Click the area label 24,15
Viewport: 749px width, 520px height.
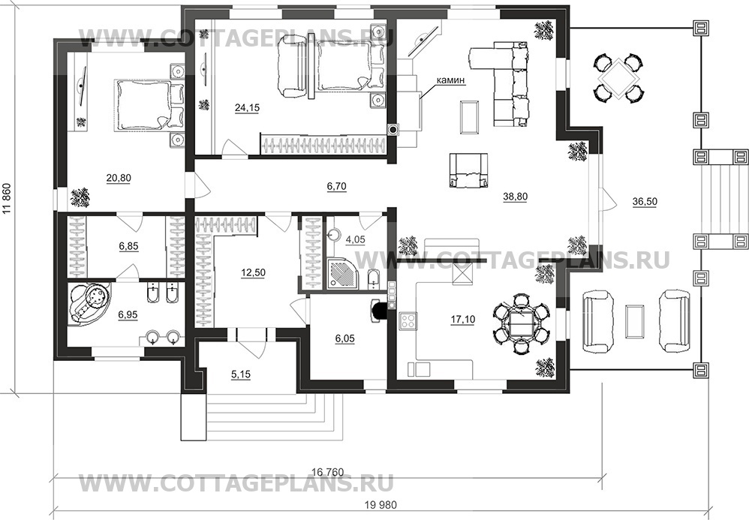pos(247,108)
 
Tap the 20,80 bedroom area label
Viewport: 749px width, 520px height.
pos(119,178)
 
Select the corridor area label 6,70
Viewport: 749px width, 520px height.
pos(337,186)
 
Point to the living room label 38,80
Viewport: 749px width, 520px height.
pos(515,197)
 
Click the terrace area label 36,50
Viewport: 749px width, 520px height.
pos(645,202)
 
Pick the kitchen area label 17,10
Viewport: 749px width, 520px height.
pos(462,320)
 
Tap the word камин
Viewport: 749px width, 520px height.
pos(450,80)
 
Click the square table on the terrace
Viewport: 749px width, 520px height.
pos(618,77)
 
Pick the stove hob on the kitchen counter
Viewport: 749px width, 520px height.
pos(408,321)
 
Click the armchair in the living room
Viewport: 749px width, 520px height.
pos(468,170)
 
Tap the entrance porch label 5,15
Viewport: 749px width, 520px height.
pos(241,375)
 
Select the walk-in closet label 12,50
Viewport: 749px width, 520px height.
pos(253,272)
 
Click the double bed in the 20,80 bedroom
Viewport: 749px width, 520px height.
pos(149,106)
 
